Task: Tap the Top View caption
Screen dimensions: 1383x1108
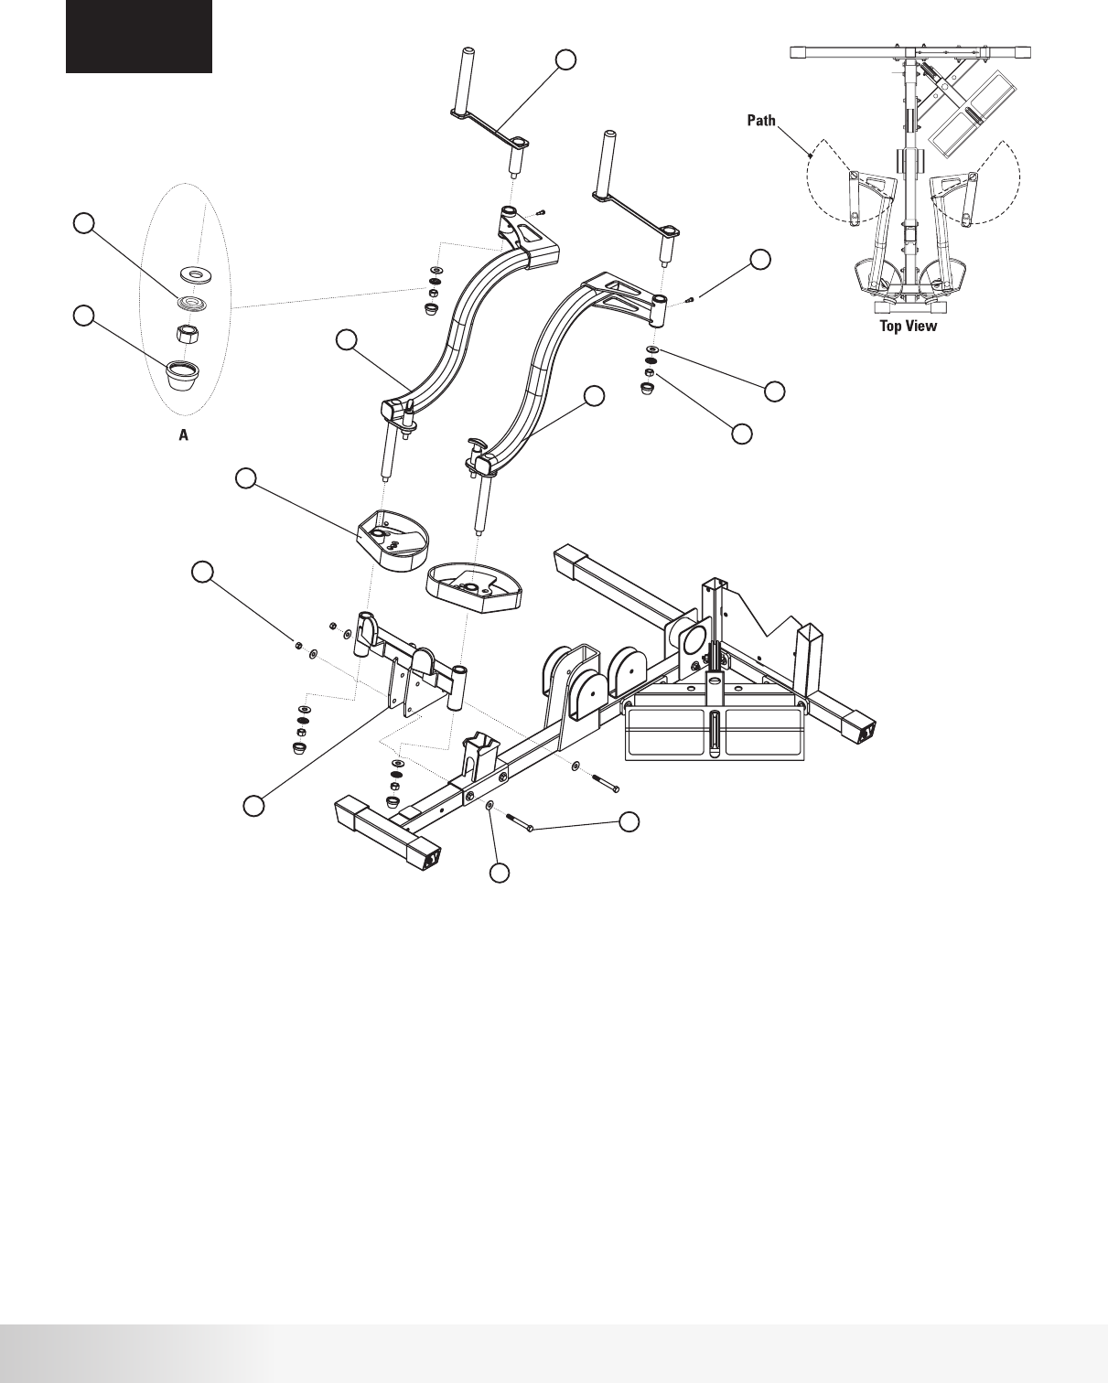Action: tap(908, 326)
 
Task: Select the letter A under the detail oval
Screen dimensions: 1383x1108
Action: tap(183, 436)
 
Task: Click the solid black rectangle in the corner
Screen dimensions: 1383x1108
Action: tap(139, 36)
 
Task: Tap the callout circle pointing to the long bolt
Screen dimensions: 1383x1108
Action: tap(629, 821)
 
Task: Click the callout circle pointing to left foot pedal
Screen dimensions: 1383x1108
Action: tap(245, 478)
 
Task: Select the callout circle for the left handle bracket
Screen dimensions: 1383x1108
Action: tap(566, 59)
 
